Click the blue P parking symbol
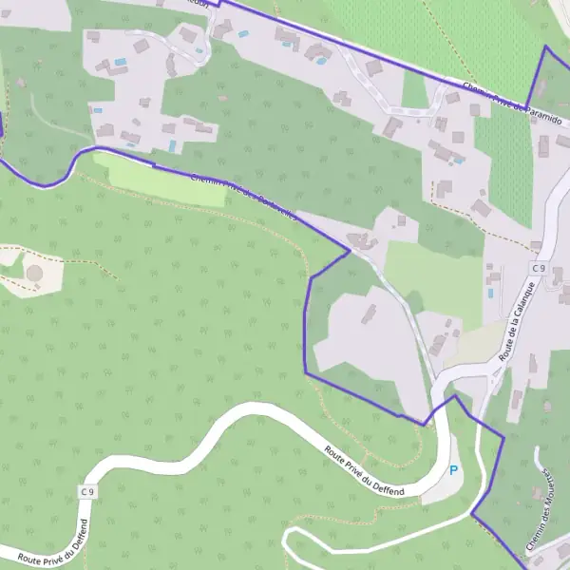[454, 469]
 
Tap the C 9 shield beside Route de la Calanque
[538, 269]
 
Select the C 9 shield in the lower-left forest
[87, 491]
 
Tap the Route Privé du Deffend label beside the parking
[364, 470]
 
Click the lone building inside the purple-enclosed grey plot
[367, 313]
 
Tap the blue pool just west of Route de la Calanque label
[490, 293]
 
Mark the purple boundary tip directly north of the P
[455, 396]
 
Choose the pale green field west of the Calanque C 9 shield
[432, 275]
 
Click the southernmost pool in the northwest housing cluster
[172, 145]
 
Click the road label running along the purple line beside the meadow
[242, 197]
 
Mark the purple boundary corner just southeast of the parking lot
[472, 514]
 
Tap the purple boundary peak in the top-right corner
[546, 47]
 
